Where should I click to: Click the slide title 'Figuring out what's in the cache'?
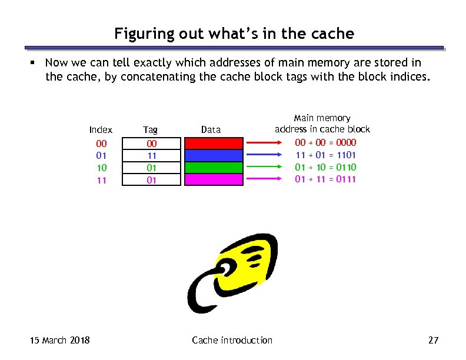(x=234, y=34)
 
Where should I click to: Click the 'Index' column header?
(x=101, y=129)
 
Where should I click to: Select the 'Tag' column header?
(x=151, y=129)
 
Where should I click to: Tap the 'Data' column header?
(x=211, y=129)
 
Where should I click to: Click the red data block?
(x=214, y=143)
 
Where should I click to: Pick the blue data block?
(x=214, y=155)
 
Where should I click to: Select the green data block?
(x=214, y=168)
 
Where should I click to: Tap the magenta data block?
(x=214, y=179)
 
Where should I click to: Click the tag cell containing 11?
(x=151, y=156)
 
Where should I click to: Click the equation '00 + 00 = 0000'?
(x=325, y=142)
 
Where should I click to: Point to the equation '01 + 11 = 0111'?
(x=325, y=179)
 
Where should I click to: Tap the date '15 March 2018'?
(x=60, y=340)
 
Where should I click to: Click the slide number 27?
(x=434, y=340)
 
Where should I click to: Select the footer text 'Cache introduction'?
(x=232, y=340)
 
